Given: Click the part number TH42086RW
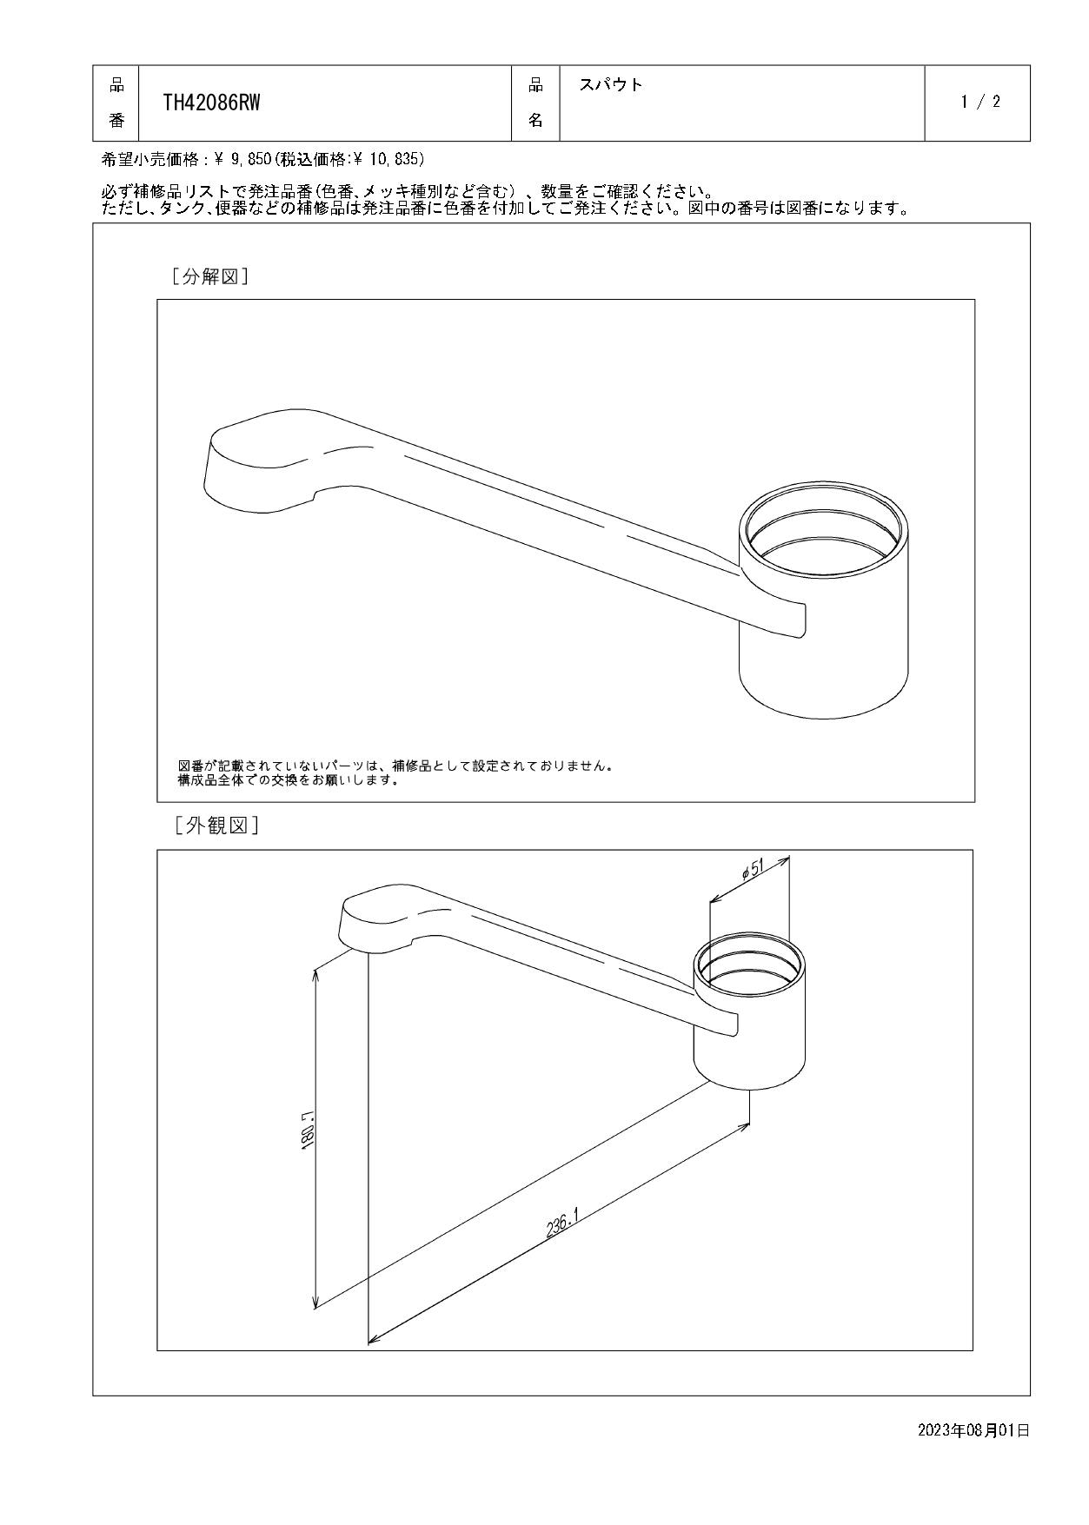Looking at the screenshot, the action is (211, 103).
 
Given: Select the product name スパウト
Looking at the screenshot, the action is (610, 85).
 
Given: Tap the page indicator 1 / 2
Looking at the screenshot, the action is (980, 102).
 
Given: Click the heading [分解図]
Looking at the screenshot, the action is (210, 277).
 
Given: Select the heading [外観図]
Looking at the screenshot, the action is (216, 825).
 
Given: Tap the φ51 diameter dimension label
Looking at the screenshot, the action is (754, 871).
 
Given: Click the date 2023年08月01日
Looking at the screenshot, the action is (973, 1430).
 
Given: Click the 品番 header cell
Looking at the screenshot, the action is (116, 103).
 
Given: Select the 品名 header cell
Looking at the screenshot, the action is (535, 103).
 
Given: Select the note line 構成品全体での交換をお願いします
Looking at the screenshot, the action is (288, 780).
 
